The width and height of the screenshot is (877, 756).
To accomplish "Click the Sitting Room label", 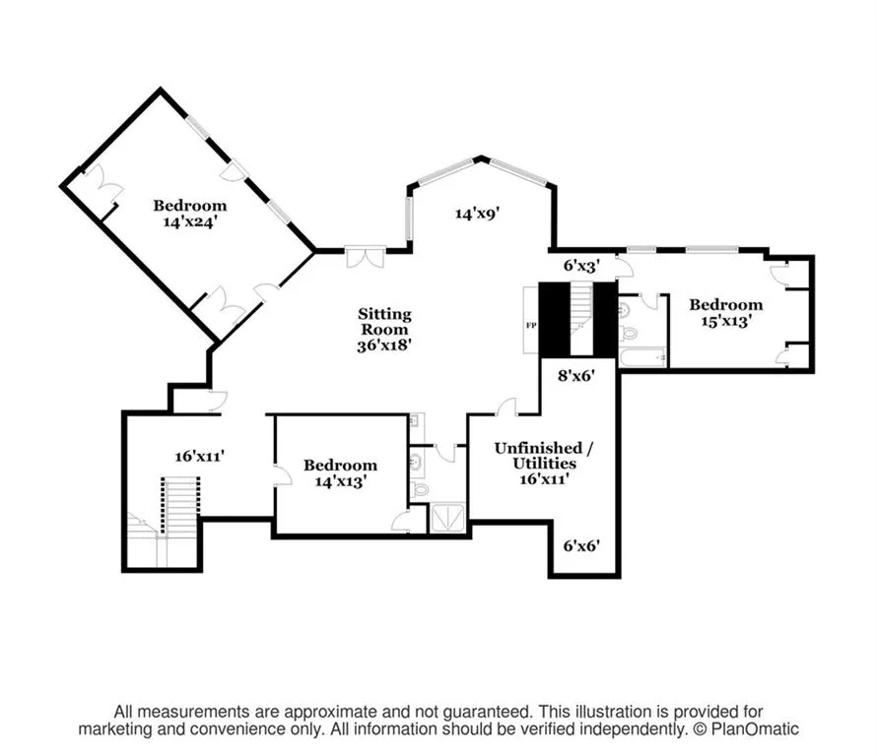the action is [385, 321].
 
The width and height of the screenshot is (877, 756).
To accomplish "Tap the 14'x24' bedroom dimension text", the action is [190, 221].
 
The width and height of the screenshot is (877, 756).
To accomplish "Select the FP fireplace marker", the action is [531, 325].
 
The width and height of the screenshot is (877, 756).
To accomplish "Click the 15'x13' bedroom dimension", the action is [726, 321].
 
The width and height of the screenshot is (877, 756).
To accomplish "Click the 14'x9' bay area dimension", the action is [477, 213].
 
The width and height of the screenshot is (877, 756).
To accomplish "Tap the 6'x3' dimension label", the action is [581, 266].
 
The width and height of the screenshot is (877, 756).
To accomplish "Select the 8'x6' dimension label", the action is [576, 375].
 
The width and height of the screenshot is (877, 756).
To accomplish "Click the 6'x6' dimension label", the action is [581, 545].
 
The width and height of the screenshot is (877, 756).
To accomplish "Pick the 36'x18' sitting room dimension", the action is [385, 346].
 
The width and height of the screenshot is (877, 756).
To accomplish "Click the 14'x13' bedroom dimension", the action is [340, 480].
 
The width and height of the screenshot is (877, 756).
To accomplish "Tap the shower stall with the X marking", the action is [447, 518].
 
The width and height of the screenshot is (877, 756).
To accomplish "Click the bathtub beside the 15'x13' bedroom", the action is [643, 357].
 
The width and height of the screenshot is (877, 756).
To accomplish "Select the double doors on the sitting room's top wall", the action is [365, 257].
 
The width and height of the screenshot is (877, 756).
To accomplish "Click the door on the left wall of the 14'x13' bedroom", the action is [283, 474].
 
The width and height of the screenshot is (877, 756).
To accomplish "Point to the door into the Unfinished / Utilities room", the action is [507, 407].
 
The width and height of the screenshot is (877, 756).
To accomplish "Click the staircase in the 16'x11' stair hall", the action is [180, 507].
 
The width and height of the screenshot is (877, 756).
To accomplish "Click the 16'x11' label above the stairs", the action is [200, 456].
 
